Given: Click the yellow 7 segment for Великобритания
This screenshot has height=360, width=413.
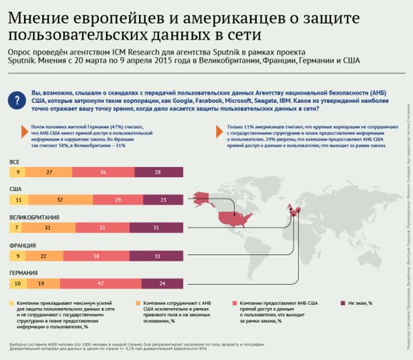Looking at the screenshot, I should [x=15, y=228].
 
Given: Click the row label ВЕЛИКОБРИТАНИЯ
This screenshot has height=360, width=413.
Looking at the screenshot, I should [x=35, y=217].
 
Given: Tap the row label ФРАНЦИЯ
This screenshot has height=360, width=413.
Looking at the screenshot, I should [x=23, y=245].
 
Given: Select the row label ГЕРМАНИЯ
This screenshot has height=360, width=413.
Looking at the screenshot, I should [x=25, y=273].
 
